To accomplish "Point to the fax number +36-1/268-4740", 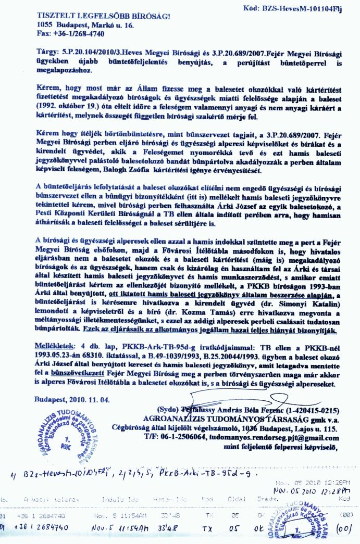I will click(x=78, y=33).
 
